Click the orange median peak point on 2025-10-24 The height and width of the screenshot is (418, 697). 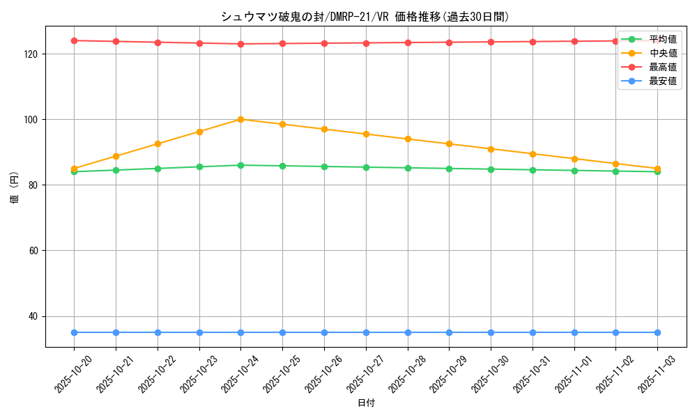tap(240, 119)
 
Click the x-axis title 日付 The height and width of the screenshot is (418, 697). tap(365, 403)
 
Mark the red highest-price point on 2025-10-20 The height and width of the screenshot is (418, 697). tap(74, 40)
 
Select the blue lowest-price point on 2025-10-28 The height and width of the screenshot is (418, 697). tap(407, 332)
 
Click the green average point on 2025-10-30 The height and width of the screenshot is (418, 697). tap(491, 169)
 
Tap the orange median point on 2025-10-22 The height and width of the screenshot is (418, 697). tap(158, 144)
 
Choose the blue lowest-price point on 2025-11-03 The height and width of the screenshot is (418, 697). tap(657, 332)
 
